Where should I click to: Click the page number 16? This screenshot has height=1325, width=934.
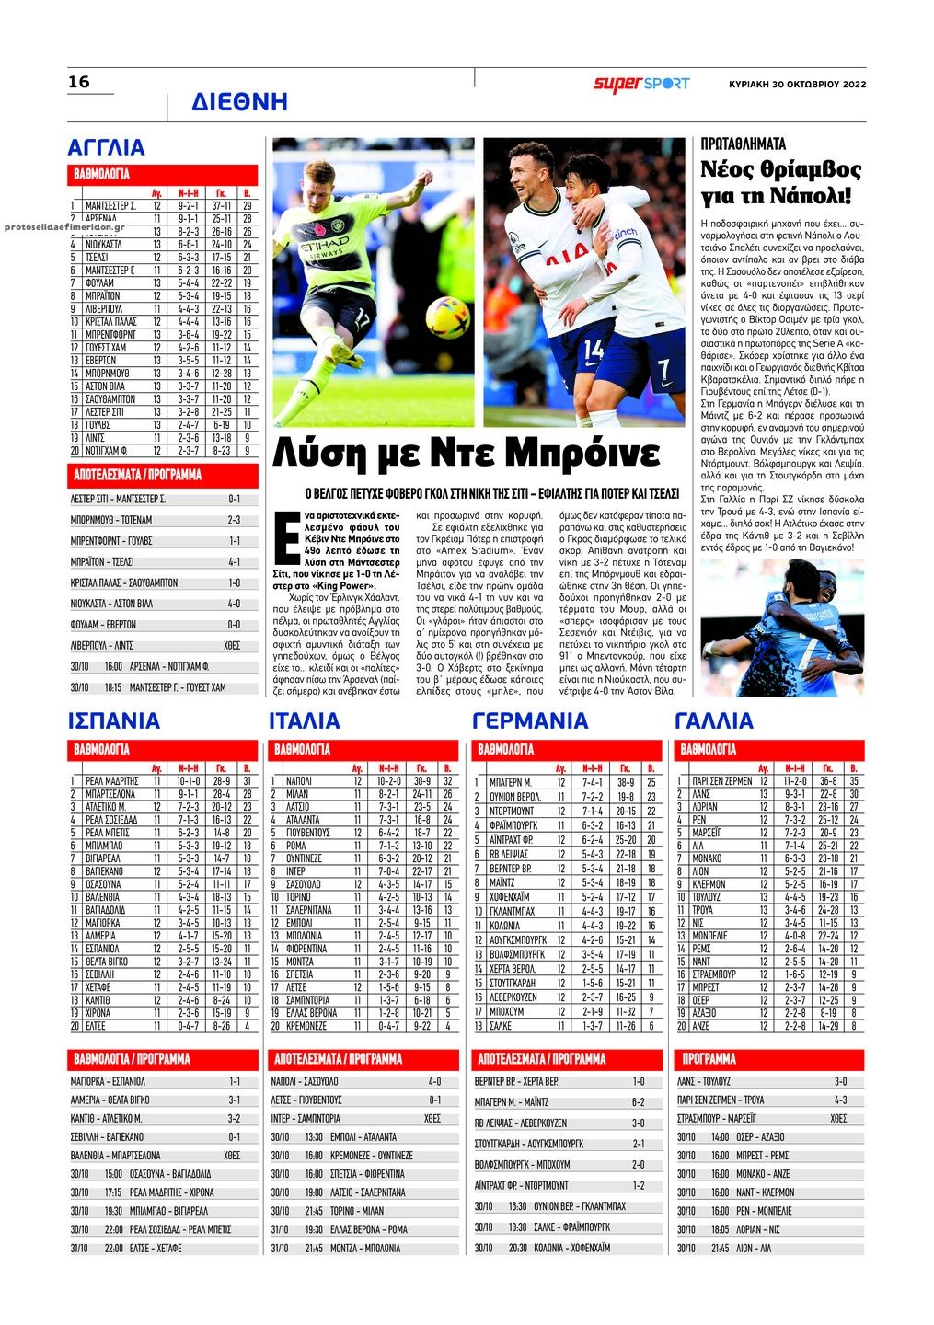(x=79, y=82)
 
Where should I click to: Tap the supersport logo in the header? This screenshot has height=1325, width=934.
(x=641, y=84)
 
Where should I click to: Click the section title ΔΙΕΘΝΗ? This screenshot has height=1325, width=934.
(x=239, y=102)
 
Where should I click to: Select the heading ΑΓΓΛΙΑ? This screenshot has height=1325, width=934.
(x=107, y=147)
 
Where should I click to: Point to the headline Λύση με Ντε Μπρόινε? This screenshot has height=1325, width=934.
(x=467, y=454)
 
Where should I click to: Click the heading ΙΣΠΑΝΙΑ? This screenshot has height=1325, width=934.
(x=114, y=720)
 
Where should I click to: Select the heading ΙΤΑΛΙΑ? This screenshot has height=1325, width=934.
(x=305, y=720)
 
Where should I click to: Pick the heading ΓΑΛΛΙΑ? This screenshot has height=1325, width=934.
(x=714, y=720)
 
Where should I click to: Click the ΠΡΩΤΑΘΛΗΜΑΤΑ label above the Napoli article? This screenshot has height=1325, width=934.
(x=743, y=144)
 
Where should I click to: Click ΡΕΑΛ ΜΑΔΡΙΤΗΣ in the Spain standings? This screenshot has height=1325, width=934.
(x=111, y=780)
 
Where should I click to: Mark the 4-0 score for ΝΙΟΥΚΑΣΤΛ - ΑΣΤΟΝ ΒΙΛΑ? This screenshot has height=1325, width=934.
(x=234, y=605)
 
